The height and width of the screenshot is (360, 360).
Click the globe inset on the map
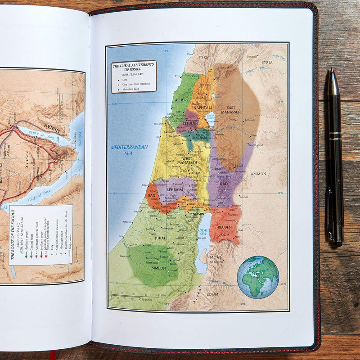258,276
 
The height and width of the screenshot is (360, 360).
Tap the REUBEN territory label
225,226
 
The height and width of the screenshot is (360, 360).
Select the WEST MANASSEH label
187,160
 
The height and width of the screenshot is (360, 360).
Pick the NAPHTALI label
203,108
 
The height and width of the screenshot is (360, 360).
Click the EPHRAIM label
174,190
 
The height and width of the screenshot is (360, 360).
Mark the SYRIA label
267,63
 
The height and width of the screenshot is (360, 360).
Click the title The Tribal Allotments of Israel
133,67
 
